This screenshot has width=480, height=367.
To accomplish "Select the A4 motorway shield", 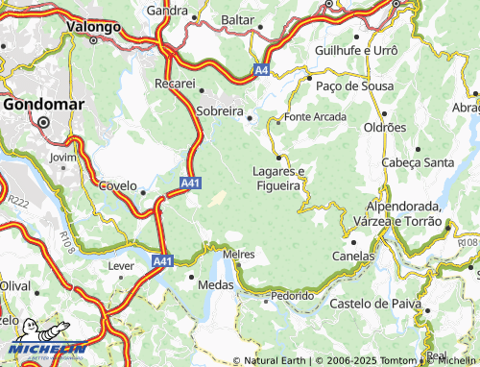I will [x=262, y=69].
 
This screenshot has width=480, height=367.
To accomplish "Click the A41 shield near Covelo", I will [x=190, y=181].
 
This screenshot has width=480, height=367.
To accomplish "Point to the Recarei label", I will [x=175, y=85].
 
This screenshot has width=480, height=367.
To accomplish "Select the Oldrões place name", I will [x=384, y=128].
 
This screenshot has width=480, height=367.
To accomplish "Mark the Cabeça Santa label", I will [x=418, y=162].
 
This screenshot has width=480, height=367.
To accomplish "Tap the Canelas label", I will [x=352, y=257].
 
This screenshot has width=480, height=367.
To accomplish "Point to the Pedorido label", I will [x=292, y=296].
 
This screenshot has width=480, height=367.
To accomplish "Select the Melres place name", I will [x=238, y=254].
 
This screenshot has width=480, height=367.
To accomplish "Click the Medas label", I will [x=215, y=284].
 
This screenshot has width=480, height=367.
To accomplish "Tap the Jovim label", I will [x=61, y=156].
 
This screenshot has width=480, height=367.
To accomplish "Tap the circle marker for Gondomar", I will [x=43, y=122].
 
